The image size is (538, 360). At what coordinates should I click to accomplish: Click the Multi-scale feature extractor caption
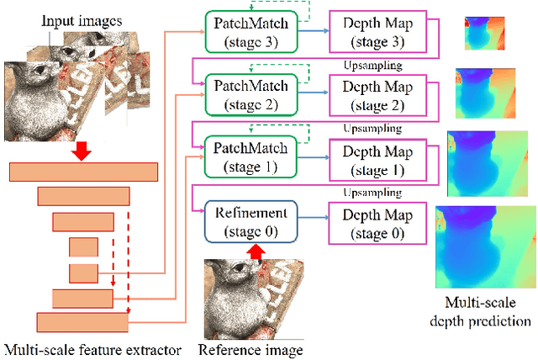tap(92, 349)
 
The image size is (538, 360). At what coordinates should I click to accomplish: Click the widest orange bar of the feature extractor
tap(83, 172)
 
